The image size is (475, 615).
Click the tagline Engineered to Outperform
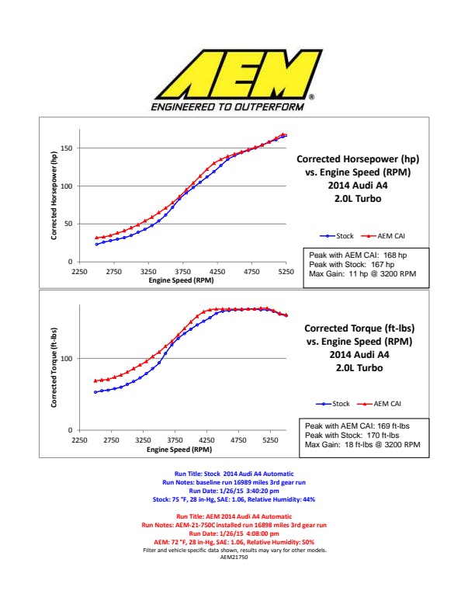tap(232, 106)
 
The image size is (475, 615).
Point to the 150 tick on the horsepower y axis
tap(67, 148)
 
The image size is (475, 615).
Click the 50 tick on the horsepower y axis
tap(68, 224)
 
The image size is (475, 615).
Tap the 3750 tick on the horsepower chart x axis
tap(183, 272)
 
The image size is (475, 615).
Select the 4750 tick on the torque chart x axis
tap(238, 440)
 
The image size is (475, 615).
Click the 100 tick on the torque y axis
tap(67, 359)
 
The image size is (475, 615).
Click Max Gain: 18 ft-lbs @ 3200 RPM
tap(362, 445)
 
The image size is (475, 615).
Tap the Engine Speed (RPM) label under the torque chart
tap(179, 449)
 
